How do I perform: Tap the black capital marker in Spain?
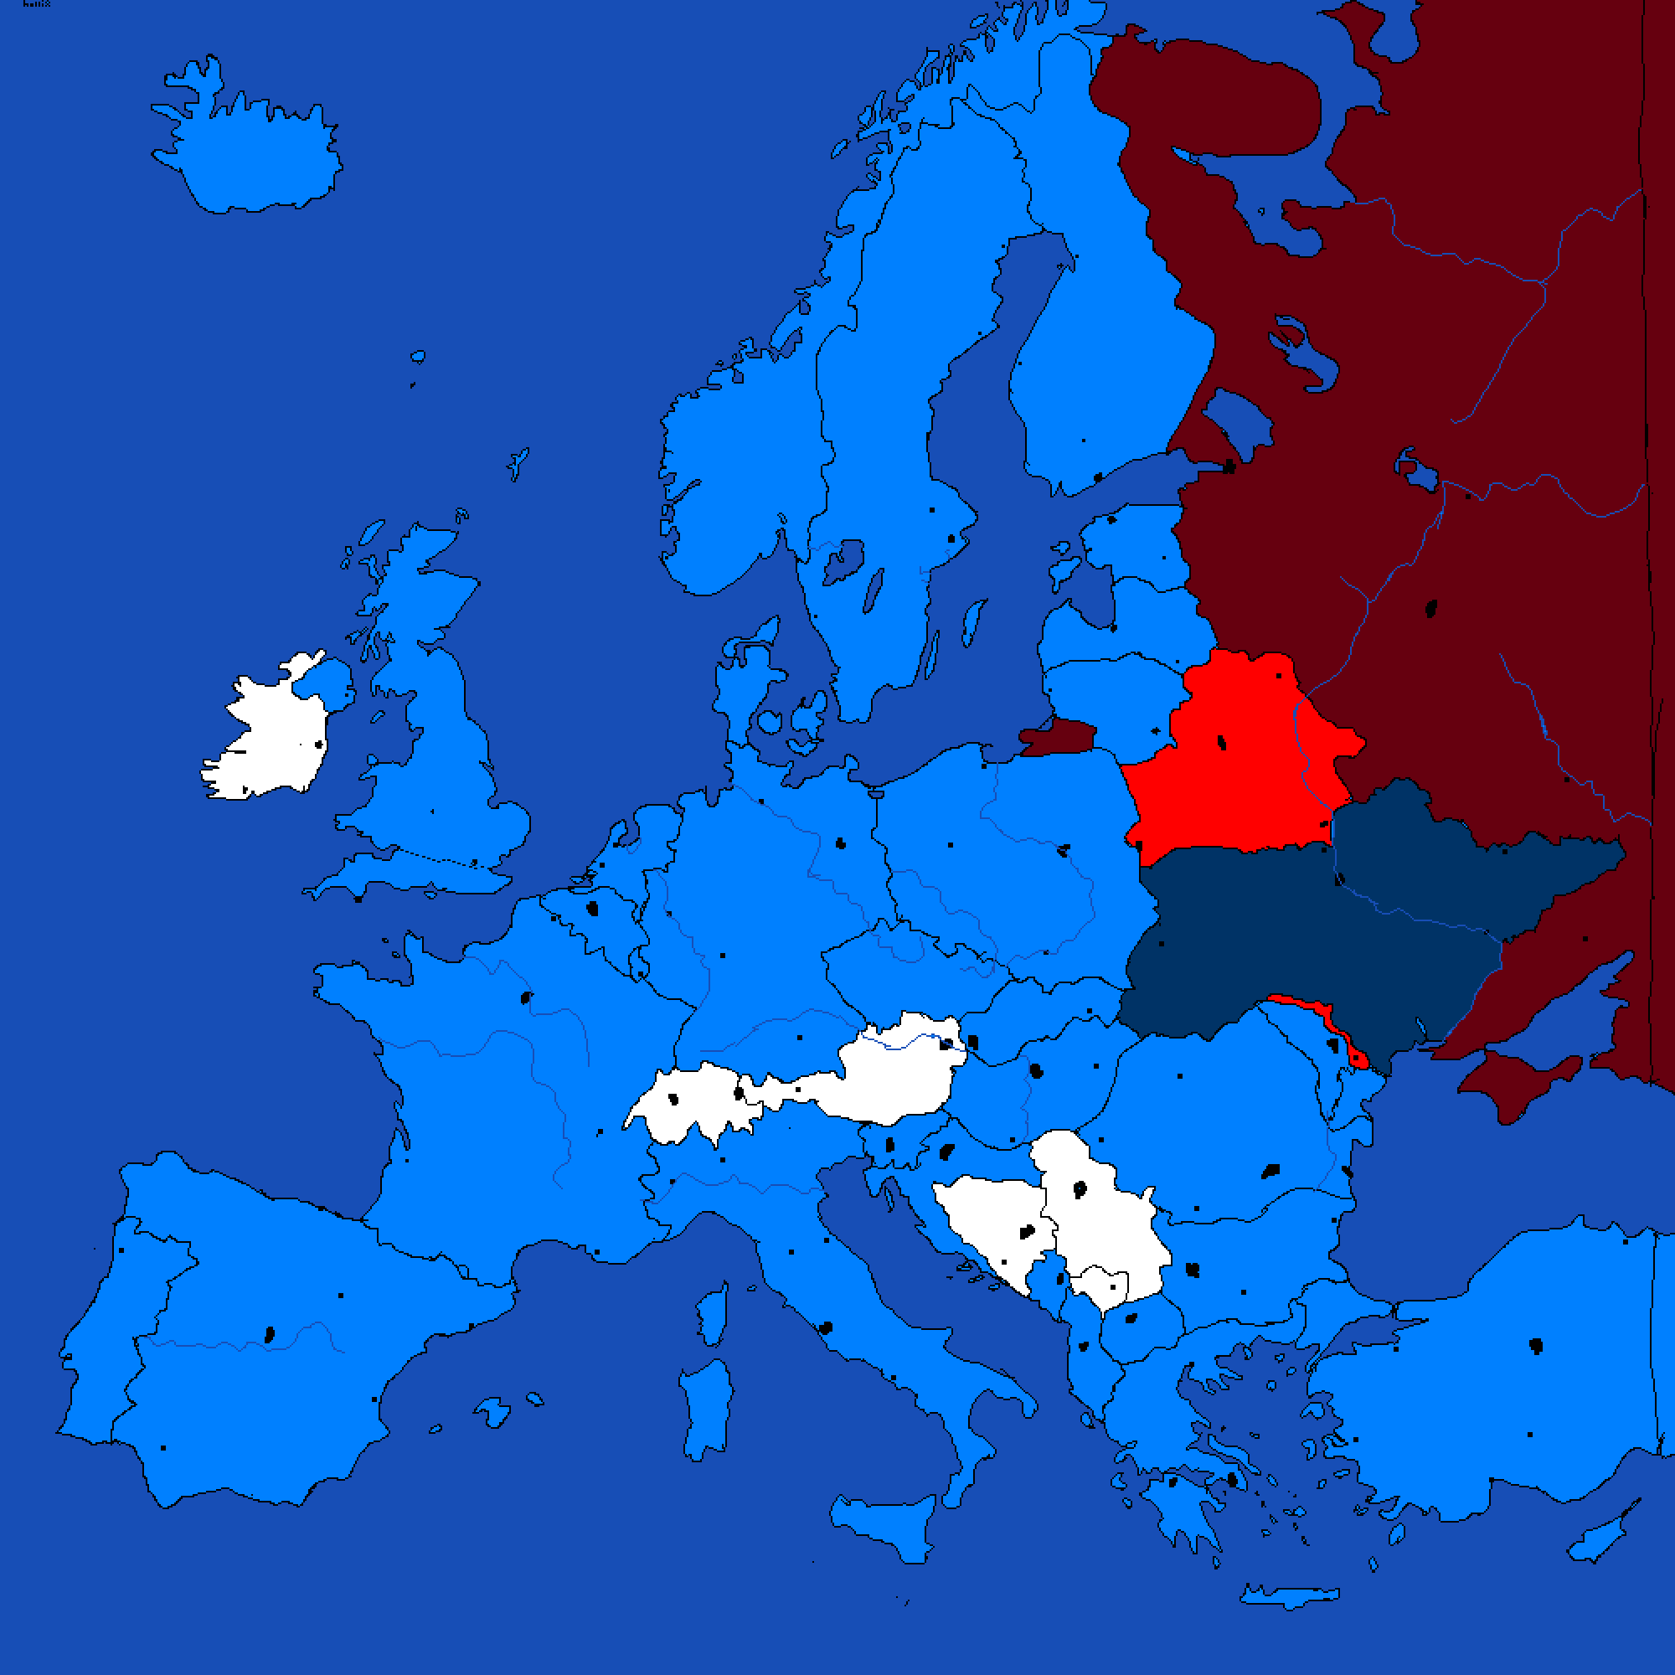coord(270,1334)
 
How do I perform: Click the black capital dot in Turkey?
coord(1535,1346)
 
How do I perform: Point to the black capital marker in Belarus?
coord(1222,742)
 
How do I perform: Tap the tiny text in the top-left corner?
coord(36,4)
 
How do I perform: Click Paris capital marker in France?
coord(526,998)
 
